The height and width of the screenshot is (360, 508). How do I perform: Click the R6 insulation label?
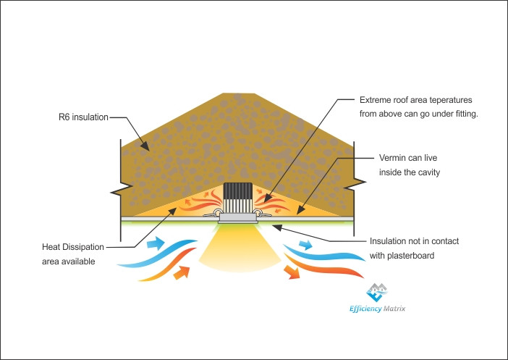click(83, 117)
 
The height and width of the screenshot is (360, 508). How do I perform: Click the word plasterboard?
click(411, 256)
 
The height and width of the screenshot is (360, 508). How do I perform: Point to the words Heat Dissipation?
click(73, 247)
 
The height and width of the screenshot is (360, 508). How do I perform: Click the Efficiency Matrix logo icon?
click(376, 292)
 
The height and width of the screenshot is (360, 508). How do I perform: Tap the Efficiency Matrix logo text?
click(377, 309)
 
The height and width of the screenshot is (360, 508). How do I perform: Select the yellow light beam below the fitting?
click(239, 249)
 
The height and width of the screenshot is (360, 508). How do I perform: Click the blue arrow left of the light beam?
click(156, 243)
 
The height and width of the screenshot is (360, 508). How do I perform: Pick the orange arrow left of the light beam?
click(182, 272)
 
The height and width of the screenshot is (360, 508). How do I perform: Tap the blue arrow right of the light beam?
click(305, 245)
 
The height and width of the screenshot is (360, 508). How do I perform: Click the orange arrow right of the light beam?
click(292, 272)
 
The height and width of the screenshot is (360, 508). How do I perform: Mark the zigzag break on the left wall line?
click(122, 191)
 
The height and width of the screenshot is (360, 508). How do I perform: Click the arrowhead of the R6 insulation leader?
click(145, 146)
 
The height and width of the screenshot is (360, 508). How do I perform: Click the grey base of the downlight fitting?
click(238, 218)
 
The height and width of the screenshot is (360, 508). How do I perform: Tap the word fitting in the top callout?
click(466, 114)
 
